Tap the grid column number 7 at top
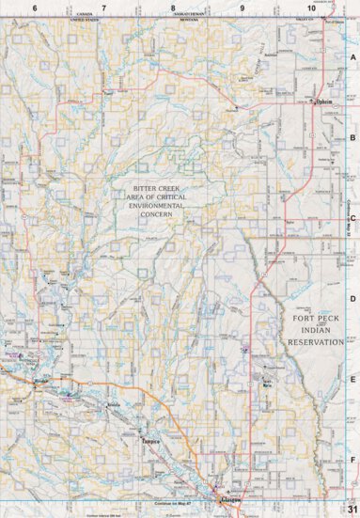(x=104, y=8)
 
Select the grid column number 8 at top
(x=173, y=8)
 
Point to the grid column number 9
(x=243, y=8)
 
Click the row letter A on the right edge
(x=353, y=56)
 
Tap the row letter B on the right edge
(x=353, y=137)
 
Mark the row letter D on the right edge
(x=353, y=299)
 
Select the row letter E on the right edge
(x=353, y=380)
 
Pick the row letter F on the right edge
(x=353, y=460)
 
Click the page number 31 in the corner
(x=351, y=509)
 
